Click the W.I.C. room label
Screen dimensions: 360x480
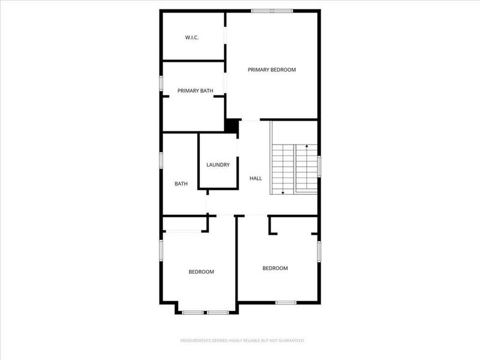(x=191, y=38)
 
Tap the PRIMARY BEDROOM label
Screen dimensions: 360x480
(x=272, y=70)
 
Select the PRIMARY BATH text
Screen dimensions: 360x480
(x=195, y=91)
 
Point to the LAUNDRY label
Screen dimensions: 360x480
(x=218, y=164)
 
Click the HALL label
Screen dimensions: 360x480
(x=256, y=178)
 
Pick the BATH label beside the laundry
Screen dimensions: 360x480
(x=181, y=184)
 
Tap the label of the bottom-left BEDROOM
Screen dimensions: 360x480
(x=201, y=272)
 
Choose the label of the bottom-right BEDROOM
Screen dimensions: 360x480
(x=275, y=268)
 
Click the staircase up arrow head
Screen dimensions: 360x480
(x=306, y=145)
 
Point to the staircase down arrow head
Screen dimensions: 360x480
(x=283, y=192)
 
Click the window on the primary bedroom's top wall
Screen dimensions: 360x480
(x=272, y=11)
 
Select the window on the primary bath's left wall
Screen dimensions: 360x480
(x=161, y=83)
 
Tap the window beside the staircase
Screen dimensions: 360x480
(x=319, y=166)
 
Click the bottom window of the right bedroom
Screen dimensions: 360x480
(x=286, y=302)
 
